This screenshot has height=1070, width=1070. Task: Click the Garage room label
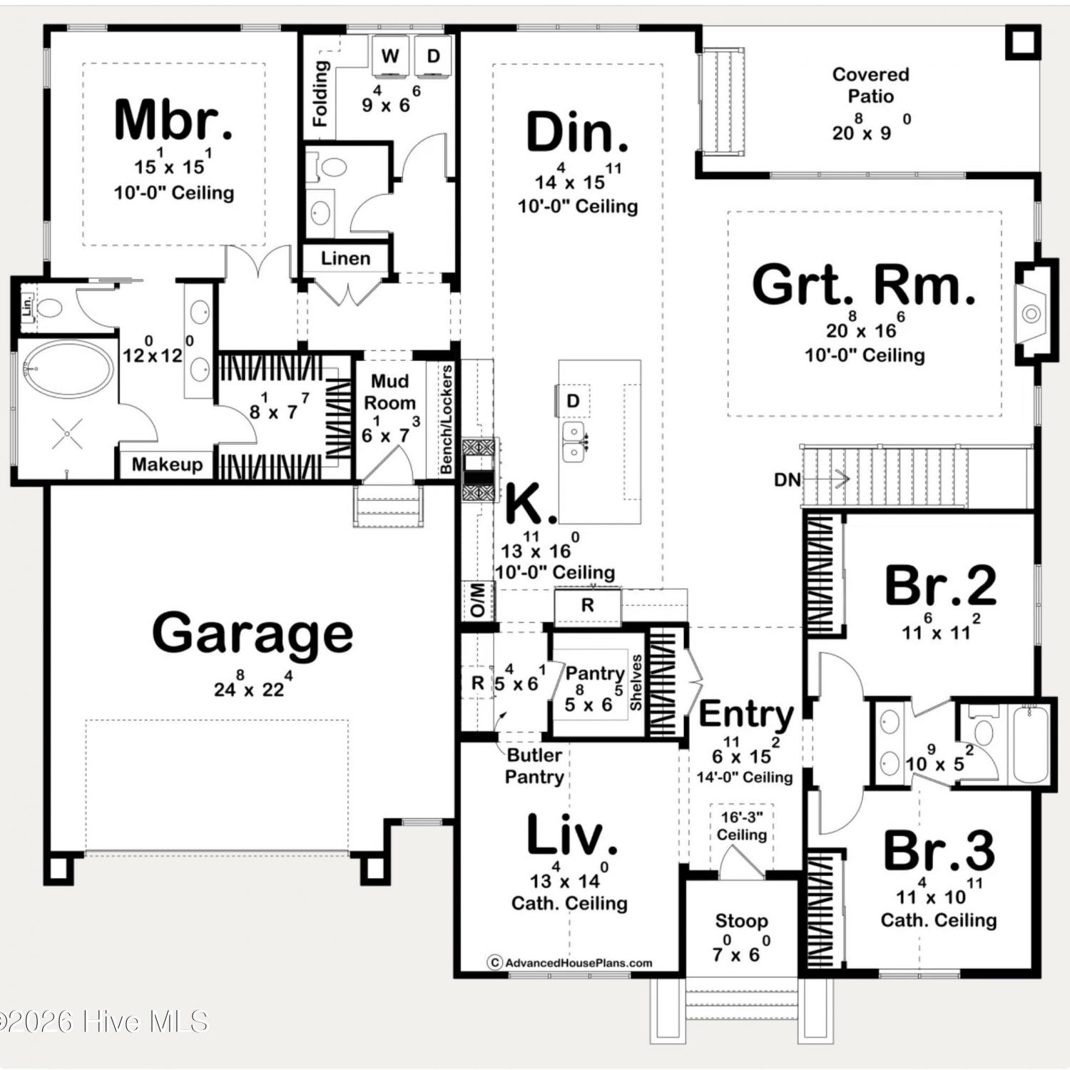click(253, 632)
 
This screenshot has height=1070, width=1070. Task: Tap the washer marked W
click(389, 56)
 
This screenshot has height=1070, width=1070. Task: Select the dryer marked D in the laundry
click(433, 56)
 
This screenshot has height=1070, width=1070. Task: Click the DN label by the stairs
click(788, 480)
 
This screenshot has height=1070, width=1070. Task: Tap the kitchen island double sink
click(573, 442)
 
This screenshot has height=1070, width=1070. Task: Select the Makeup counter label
click(167, 464)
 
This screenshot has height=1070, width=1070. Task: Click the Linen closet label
click(345, 258)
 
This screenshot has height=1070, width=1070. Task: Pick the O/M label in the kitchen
click(478, 600)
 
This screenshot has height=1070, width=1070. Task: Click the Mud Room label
click(389, 392)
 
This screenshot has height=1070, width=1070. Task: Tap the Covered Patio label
click(871, 85)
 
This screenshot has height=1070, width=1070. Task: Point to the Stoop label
click(741, 921)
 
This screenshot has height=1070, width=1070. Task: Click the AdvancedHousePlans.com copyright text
click(570, 962)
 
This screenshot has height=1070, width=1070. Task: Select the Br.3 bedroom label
click(939, 850)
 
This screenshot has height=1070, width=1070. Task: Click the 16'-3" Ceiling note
click(742, 826)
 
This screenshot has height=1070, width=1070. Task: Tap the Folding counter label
click(322, 93)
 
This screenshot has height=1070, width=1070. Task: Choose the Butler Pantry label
click(534, 765)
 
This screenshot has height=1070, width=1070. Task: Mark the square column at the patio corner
click(1023, 42)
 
